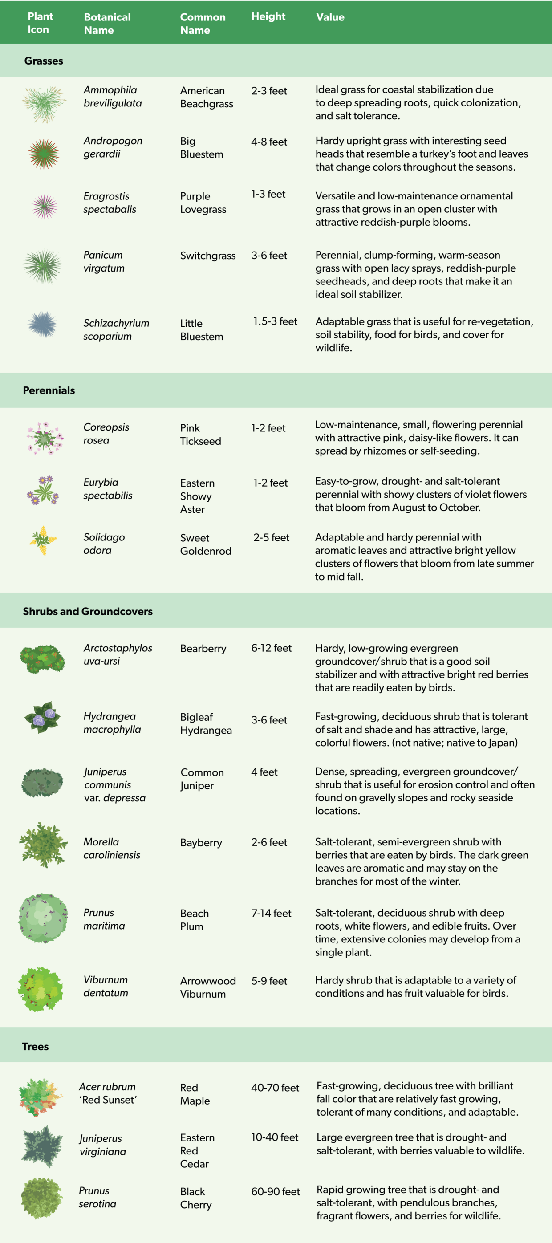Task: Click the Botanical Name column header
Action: [107, 23]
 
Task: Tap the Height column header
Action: [268, 16]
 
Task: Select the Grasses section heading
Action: [44, 61]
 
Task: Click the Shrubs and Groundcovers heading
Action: [88, 611]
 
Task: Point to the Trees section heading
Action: [35, 1046]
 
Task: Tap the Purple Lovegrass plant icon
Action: [45, 207]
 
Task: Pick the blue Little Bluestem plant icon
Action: [43, 324]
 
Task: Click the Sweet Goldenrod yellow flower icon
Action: [43, 540]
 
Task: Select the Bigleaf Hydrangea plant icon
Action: [43, 718]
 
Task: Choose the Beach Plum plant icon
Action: [43, 918]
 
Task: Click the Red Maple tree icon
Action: [41, 1097]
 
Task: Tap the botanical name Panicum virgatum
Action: [104, 261]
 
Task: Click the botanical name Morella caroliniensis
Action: [111, 848]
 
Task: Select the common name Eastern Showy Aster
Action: [197, 496]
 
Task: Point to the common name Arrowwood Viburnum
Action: [208, 987]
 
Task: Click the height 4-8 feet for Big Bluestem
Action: [269, 142]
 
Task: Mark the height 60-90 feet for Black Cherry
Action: [275, 1191]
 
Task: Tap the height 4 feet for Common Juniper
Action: [264, 772]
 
